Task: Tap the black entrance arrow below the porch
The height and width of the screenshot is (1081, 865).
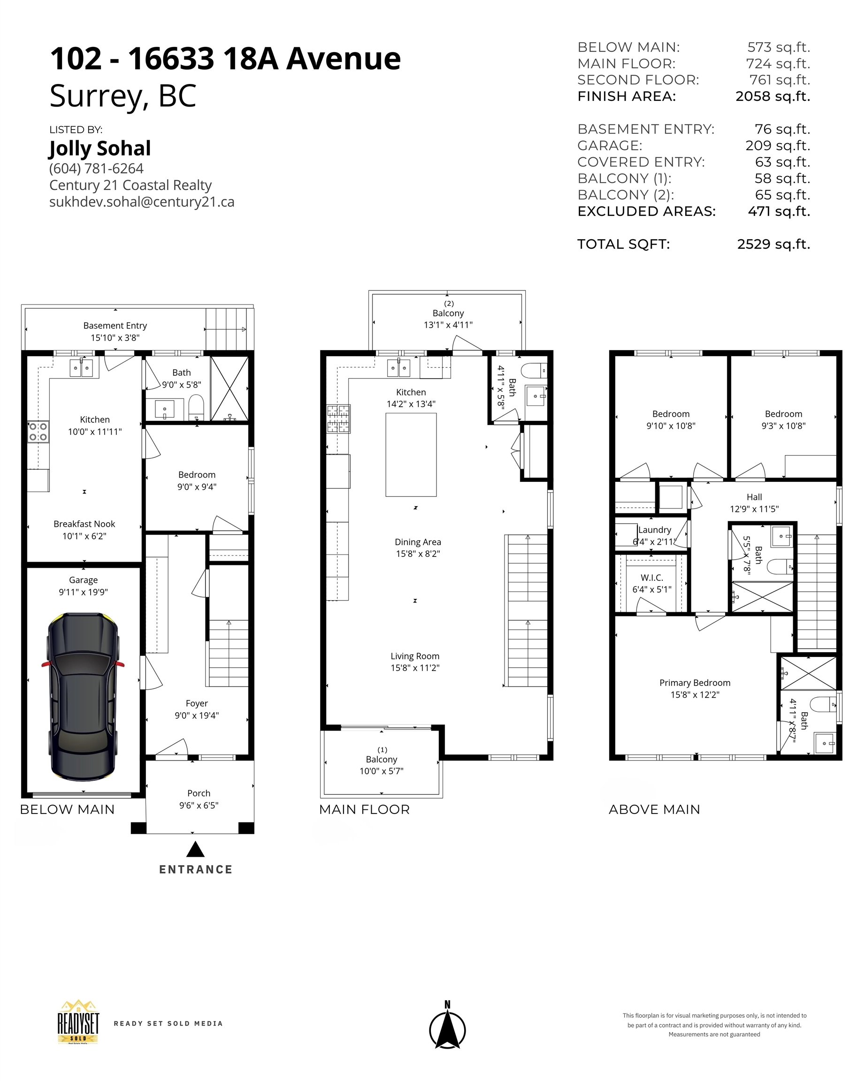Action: click(x=195, y=849)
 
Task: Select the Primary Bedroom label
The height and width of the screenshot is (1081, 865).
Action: click(x=695, y=683)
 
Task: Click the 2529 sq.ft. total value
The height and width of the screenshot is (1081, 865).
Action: click(x=773, y=244)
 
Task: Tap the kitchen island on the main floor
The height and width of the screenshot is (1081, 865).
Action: click(x=411, y=454)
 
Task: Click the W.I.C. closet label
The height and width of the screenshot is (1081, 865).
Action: click(x=651, y=578)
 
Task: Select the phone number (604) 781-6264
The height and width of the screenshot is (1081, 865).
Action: click(x=96, y=168)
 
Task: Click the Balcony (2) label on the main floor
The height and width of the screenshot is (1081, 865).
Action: click(x=448, y=313)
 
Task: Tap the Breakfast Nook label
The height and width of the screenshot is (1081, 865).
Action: click(x=84, y=524)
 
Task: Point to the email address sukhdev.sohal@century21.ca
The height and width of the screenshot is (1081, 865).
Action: click(x=142, y=202)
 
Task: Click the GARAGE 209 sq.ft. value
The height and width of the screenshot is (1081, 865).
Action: click(x=777, y=145)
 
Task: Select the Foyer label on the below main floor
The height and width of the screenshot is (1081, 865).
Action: click(x=197, y=703)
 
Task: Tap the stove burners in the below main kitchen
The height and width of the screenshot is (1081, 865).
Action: click(x=38, y=432)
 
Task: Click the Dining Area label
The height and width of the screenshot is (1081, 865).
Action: click(x=418, y=542)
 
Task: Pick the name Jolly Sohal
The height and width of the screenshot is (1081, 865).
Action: click(x=100, y=148)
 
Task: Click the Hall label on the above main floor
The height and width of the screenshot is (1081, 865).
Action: click(x=754, y=497)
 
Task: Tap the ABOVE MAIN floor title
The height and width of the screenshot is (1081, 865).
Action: click(x=654, y=810)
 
